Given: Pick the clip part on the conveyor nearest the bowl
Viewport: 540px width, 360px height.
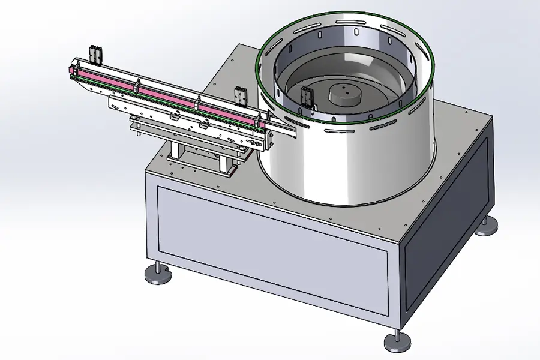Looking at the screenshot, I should click(x=241, y=95).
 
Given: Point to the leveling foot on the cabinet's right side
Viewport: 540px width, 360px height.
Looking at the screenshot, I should click(x=487, y=226).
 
